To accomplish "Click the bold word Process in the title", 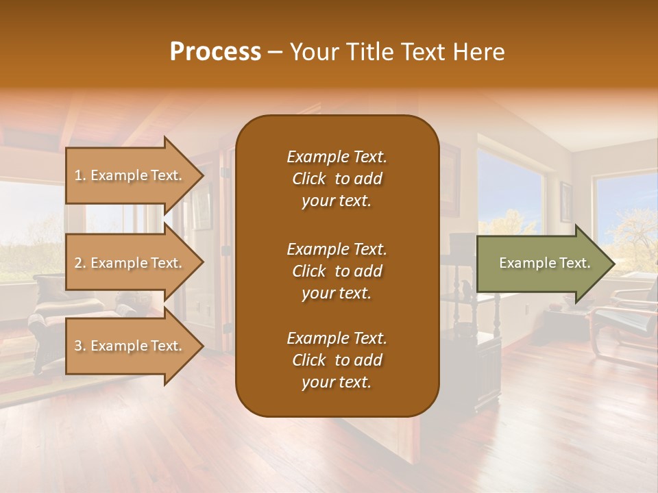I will (215, 52).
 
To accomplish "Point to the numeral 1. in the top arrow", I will (80, 175).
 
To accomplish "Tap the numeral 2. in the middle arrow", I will (80, 263).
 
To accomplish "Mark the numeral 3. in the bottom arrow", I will (80, 346).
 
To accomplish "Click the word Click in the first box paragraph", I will (309, 179).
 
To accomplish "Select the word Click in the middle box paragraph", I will (309, 271).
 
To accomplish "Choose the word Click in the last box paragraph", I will (309, 360).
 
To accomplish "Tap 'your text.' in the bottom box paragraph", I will (337, 382).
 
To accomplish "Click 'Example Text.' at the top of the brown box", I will (337, 157).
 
